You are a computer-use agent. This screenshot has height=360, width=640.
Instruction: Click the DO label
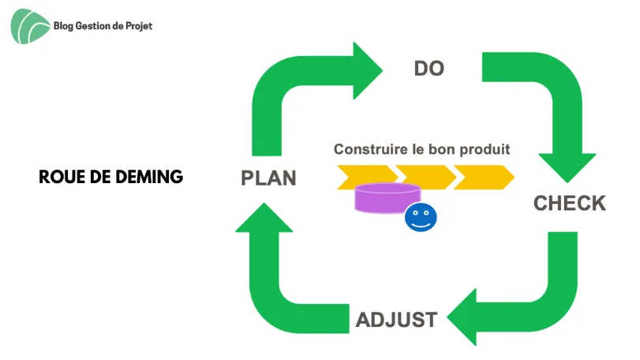coord(429,69)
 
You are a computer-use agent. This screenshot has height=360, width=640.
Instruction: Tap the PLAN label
coord(268,178)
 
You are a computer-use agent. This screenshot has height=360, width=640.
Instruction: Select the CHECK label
coord(570,203)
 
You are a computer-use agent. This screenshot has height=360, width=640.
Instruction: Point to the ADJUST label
coord(397,320)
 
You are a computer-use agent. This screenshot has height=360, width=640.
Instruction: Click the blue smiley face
coord(421,217)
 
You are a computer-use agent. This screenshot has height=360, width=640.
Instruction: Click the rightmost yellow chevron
coord(484,177)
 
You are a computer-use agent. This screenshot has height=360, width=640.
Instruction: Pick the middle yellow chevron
coord(426,177)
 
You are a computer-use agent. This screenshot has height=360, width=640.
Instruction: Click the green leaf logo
coord(30,27)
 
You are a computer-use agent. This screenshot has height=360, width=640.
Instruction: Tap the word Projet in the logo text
coord(139,26)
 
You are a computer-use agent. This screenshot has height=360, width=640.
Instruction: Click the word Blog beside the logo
coord(63,26)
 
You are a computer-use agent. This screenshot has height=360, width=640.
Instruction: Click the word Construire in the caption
coord(371,149)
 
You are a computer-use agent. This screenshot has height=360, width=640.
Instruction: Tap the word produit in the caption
coord(485,150)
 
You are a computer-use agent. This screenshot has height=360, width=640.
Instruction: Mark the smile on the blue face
coord(421,224)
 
